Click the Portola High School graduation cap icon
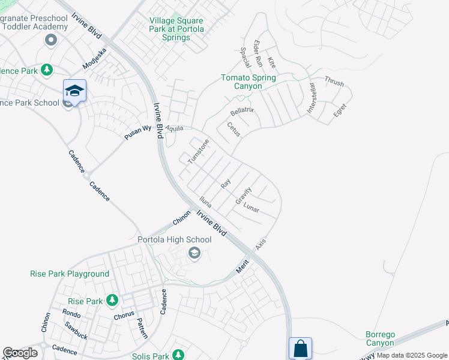click(194, 254)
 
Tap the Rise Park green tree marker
click(112, 300)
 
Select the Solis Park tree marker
click(178, 355)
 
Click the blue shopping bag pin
click(300, 348)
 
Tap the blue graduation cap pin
click(74, 91)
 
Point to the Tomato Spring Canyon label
click(249, 82)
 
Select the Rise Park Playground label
click(70, 274)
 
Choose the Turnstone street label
click(198, 152)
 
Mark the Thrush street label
click(334, 81)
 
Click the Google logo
click(20, 353)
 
